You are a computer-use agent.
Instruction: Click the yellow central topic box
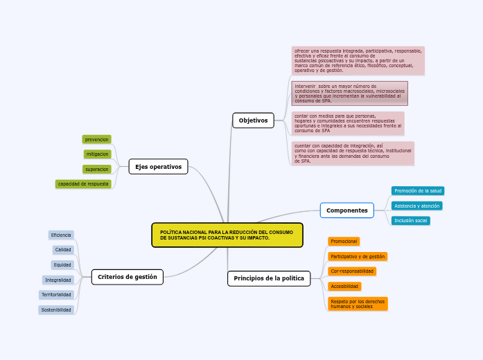coord(227,235)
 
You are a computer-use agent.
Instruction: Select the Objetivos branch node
coord(253,120)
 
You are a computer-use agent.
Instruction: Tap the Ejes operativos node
coord(158,166)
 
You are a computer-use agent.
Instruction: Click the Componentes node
coord(346,210)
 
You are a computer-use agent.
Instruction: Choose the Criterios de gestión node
coord(127,277)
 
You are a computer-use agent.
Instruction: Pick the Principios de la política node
coord(268,278)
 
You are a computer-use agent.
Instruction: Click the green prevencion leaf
coord(96,139)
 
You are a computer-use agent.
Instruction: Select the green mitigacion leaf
coord(97,154)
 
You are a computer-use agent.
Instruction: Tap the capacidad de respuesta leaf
coord(83,184)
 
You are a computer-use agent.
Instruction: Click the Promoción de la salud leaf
coord(417,190)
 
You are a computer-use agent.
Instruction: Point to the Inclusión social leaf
coord(410,221)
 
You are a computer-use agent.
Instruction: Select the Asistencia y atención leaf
coord(416,206)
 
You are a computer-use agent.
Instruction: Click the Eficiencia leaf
coord(61,235)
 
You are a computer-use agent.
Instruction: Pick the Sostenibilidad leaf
coord(56,310)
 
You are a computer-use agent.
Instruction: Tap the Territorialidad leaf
coord(56,295)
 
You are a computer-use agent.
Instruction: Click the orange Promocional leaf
coord(344,241)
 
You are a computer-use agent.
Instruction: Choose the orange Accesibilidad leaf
coord(344,286)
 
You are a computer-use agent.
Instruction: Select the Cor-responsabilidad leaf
coord(352,271)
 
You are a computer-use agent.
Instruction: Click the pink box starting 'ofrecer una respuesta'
coord(358,60)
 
